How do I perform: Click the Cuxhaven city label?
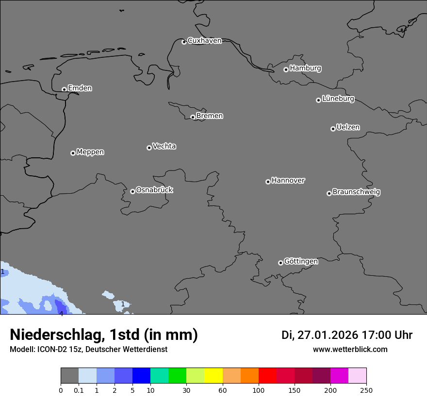pos(204,41)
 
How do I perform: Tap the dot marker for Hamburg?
pos(286,69)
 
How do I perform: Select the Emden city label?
pos(80,88)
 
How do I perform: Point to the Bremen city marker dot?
pos(193,117)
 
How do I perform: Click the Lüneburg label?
pos(338,99)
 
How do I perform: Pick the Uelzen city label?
pos(348,127)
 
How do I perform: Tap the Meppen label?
pos(90,152)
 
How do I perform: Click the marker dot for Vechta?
pos(149,148)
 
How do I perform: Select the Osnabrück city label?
pos(154,190)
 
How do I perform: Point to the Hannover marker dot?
pos(268,182)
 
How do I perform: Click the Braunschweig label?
pos(356,192)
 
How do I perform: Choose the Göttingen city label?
pos(301,261)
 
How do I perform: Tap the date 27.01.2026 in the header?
pos(328,335)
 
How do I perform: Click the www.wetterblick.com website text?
pos(350,349)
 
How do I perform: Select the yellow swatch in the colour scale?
pos(213,376)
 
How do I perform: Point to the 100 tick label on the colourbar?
pos(259,390)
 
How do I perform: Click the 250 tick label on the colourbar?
pos(366,390)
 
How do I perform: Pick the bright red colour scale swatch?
pos(267,376)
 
